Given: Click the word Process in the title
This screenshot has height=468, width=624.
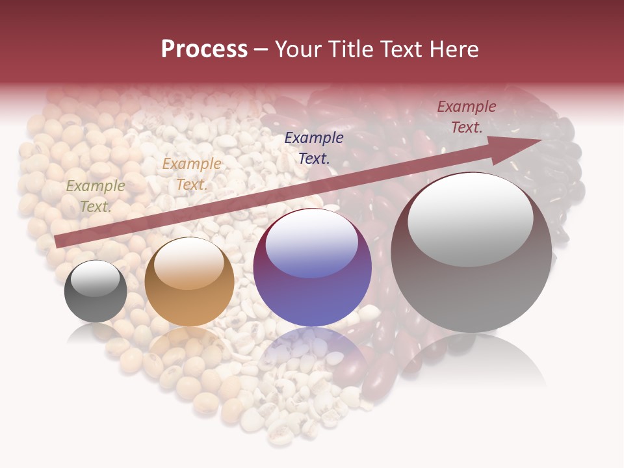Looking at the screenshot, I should pos(204,49).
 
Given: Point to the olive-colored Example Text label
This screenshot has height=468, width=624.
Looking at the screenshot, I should pos(96,196).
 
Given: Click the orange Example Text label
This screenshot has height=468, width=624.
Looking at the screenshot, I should pos(191,174).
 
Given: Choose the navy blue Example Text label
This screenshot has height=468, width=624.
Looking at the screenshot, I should pos(314,148).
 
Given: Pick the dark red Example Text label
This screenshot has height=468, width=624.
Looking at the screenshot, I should pos(466,116).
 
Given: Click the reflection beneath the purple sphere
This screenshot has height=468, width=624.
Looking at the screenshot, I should pos(313,354).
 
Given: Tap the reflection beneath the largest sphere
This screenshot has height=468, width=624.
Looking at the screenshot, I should pos(471,364).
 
